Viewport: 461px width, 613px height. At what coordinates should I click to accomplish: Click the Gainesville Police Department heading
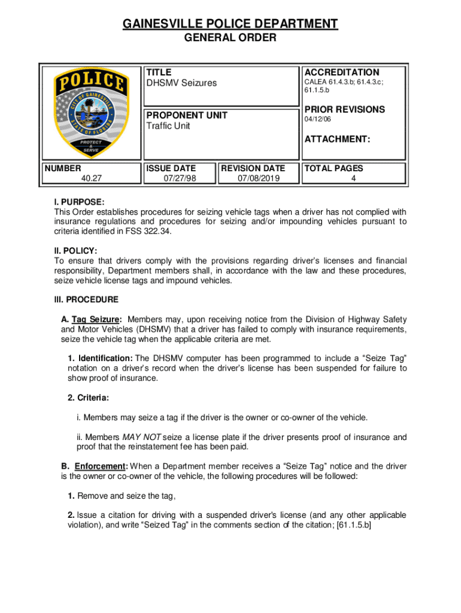[230, 24]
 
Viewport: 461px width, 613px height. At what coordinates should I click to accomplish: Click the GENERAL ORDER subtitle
[230, 38]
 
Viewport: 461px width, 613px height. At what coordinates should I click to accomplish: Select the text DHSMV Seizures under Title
[182, 83]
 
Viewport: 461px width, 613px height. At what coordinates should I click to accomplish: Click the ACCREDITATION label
[341, 72]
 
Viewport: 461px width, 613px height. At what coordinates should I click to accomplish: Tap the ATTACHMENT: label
[337, 139]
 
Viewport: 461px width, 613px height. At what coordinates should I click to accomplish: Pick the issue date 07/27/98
[179, 178]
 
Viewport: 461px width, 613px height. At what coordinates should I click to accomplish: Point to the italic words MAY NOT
[142, 437]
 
